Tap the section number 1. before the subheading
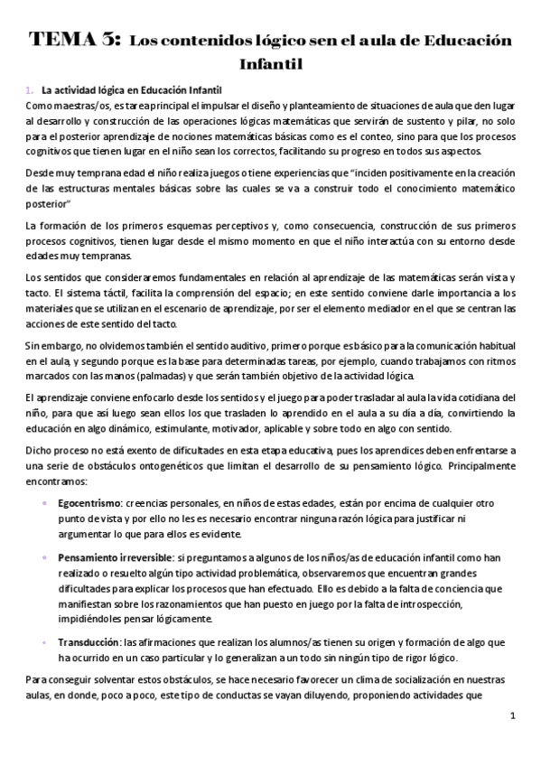30,89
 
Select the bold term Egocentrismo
91,504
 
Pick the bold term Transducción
88,641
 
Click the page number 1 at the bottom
512,716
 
